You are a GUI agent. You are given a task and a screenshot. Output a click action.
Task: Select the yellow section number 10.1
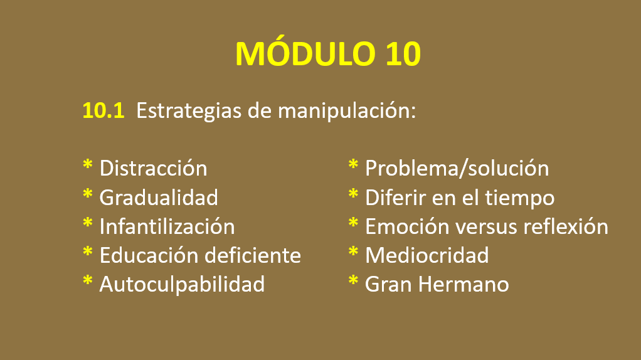103,111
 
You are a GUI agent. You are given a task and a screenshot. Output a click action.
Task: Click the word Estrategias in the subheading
188,111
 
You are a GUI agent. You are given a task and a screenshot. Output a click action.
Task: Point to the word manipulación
347,111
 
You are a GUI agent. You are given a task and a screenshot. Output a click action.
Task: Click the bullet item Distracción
153,168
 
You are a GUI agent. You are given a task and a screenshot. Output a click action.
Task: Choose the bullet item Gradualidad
159,198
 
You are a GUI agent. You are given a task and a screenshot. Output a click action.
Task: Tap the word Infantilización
167,226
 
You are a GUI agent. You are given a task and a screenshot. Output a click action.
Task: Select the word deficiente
253,255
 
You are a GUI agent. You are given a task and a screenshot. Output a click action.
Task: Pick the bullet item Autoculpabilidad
182,284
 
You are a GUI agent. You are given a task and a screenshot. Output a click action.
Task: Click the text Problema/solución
457,168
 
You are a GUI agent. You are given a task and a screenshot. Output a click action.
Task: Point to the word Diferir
395,198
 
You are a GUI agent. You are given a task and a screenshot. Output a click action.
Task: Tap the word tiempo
519,198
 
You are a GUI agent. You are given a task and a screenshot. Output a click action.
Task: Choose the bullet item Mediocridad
426,255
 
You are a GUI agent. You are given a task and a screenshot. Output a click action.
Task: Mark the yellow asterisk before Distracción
87,165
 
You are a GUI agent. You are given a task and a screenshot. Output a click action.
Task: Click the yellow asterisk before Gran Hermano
353,281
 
